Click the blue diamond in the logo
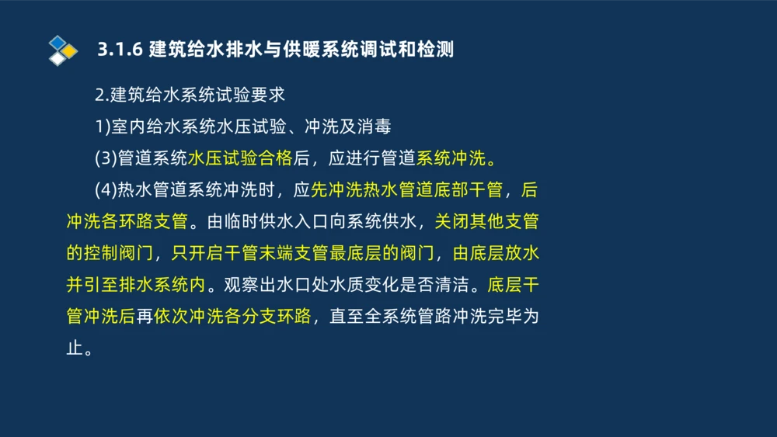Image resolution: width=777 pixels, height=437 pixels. click(57, 41)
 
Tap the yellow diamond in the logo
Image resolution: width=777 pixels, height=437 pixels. click(70, 50)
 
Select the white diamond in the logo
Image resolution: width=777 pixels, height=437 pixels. click(57, 58)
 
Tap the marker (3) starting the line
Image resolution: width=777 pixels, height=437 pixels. click(105, 158)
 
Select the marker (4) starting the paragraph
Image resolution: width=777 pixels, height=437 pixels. click(105, 190)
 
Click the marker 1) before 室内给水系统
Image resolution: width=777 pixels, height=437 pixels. click(103, 127)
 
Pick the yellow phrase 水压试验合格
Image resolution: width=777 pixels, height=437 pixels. click(239, 158)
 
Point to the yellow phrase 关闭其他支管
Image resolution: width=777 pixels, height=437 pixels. click(486, 222)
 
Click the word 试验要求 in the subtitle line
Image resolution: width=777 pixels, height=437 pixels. click(250, 95)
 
